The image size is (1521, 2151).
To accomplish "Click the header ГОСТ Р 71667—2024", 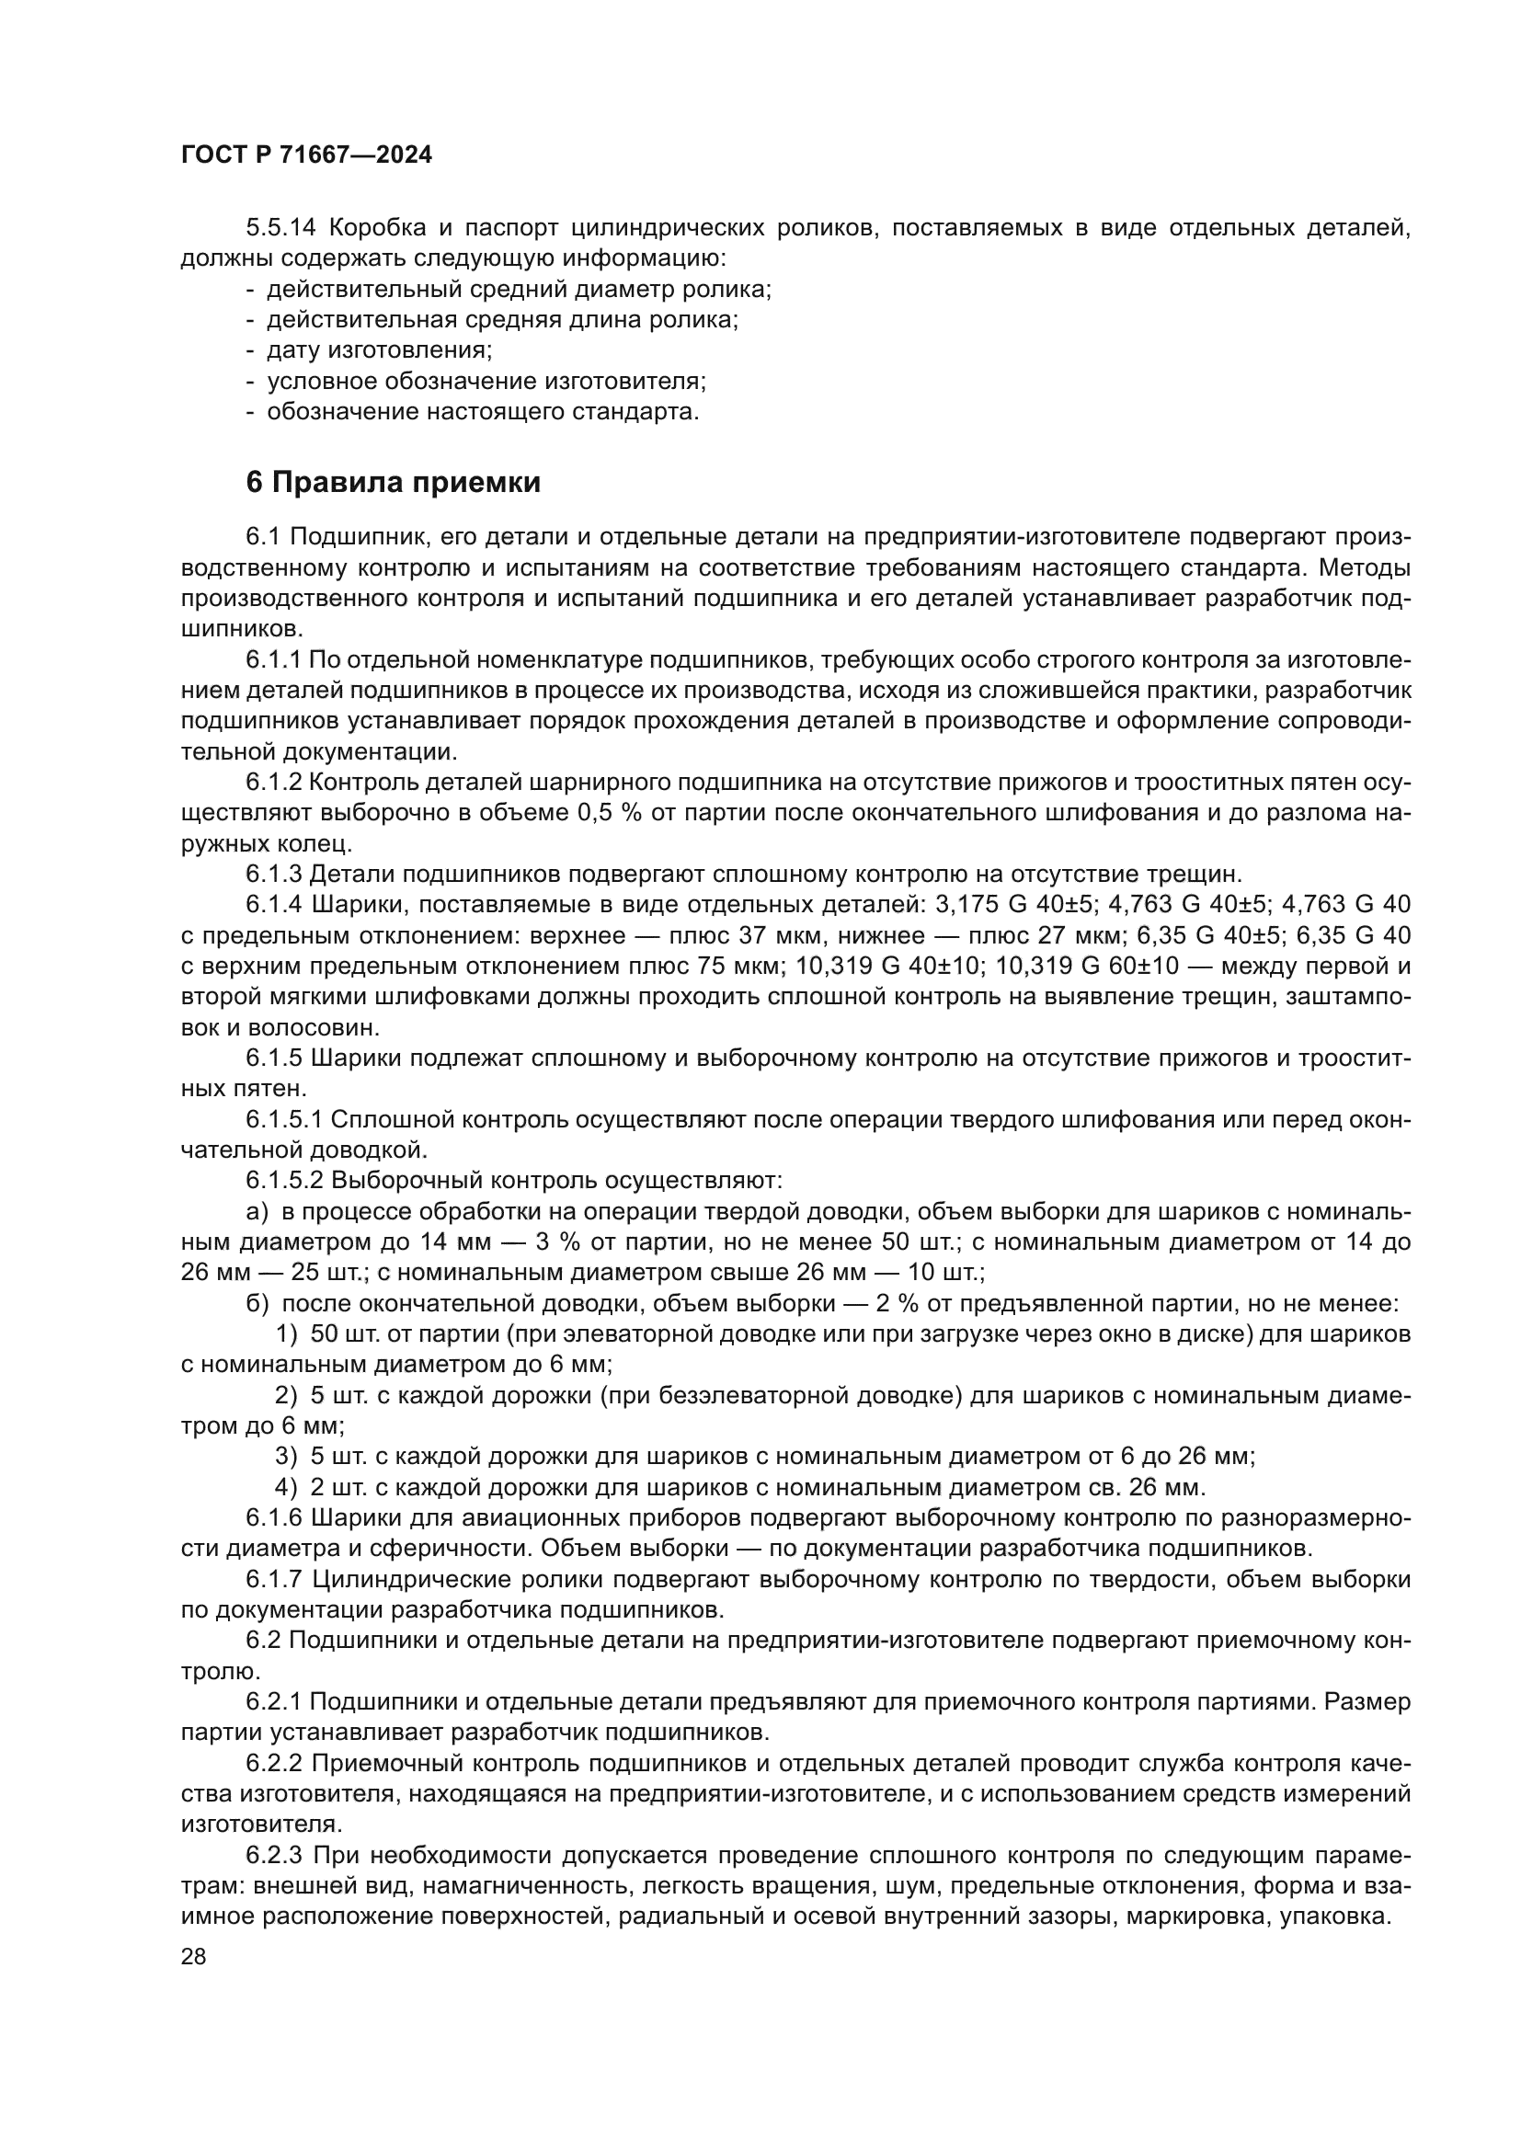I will [306, 155].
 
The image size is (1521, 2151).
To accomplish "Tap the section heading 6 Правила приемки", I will [394, 483].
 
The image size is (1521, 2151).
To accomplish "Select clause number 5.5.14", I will [284, 228].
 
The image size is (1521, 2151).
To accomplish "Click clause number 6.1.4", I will [274, 904].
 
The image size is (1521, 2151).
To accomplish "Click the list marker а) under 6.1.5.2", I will [257, 1212].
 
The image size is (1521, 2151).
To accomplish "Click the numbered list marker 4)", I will [286, 1488].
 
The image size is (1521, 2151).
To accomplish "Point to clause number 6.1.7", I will [274, 1580].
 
